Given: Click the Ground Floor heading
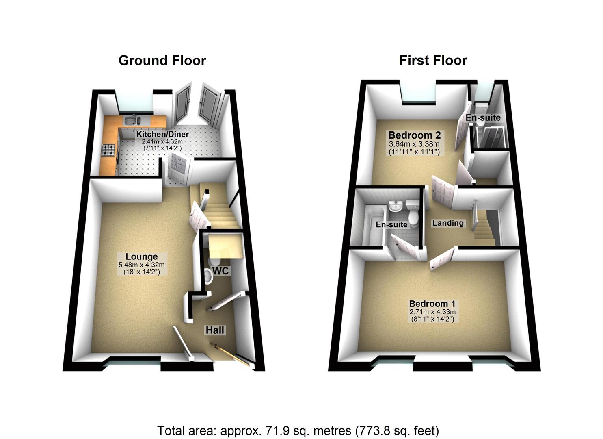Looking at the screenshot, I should pos(162,61).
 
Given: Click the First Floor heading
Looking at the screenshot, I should pos(433,61).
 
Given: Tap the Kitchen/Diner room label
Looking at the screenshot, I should pos(162,134).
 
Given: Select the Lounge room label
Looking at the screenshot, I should pos(141,257).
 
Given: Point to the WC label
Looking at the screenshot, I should pos(220,271).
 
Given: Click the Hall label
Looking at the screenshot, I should pos(215,330).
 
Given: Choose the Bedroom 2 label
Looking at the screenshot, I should pos(414,135).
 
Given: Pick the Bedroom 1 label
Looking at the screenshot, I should pos(432,304).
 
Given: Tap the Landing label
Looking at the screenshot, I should pos(447,223).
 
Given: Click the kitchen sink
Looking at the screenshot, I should pos(132,120).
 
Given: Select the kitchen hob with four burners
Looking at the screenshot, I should pos(109,150).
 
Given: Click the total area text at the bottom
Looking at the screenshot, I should pos(298,430).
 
